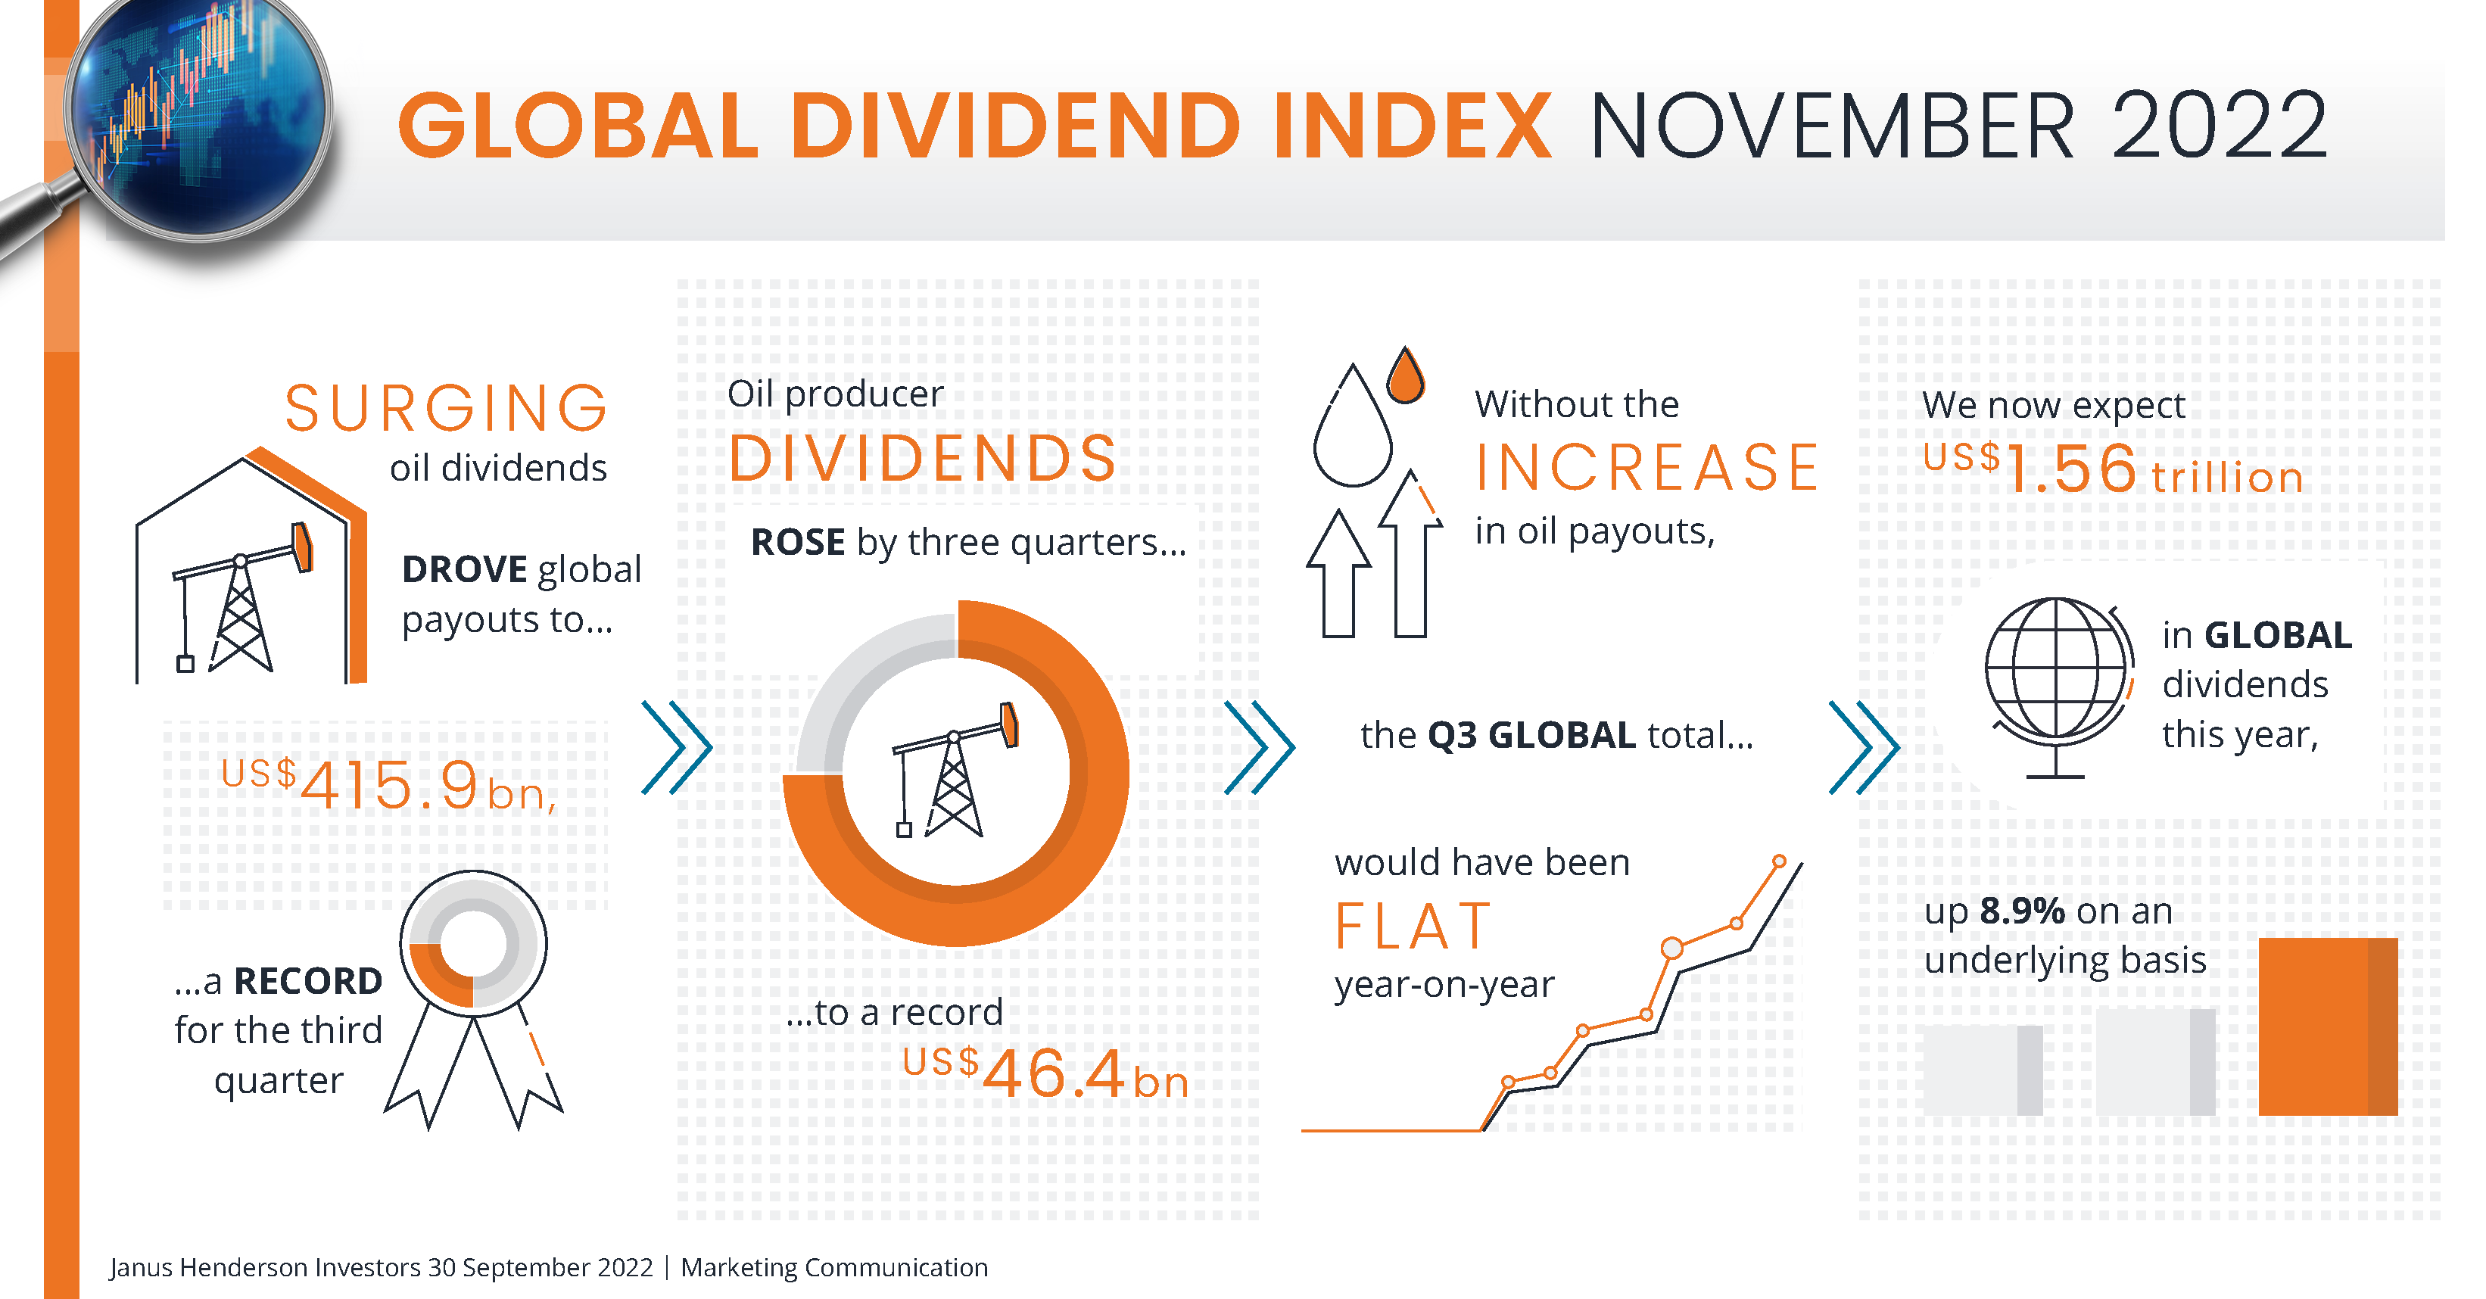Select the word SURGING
(446, 408)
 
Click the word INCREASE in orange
(1646, 468)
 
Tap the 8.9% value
(2022, 910)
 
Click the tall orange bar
(2328, 1026)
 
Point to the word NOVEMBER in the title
(1830, 126)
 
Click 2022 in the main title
(2220, 126)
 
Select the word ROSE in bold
(797, 542)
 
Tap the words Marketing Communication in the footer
(833, 1267)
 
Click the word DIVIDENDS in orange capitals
(923, 459)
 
